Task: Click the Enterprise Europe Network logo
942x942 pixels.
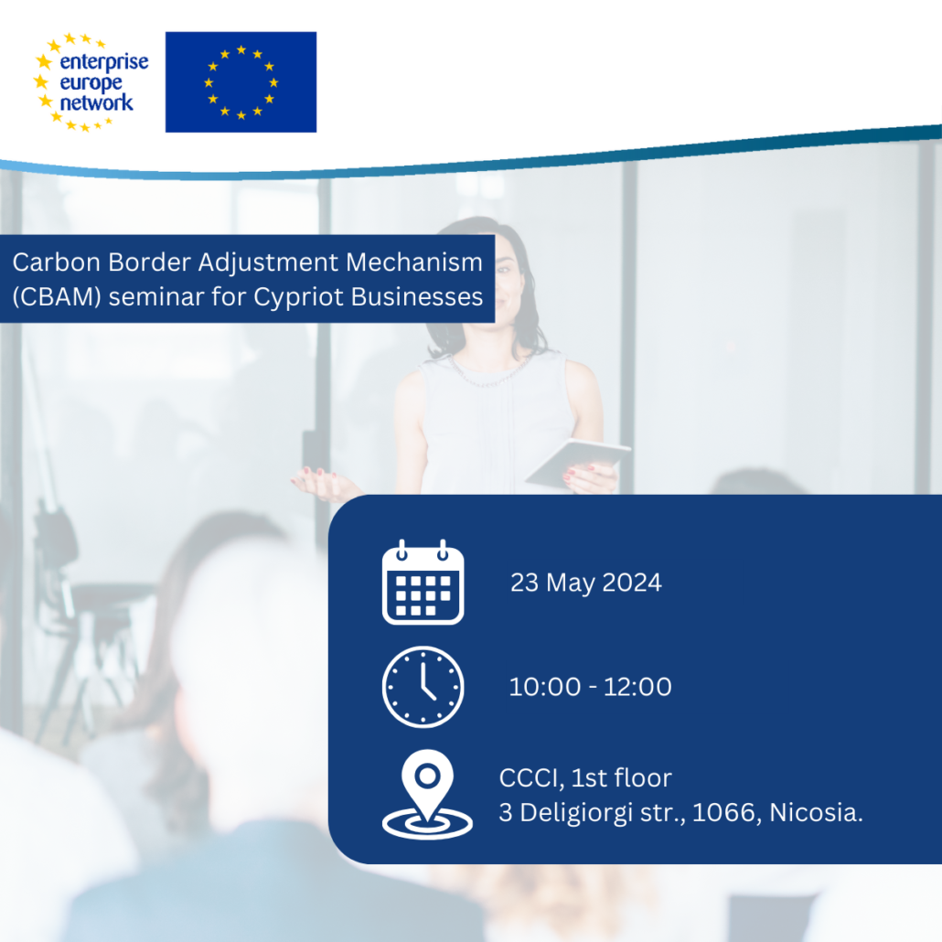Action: tap(91, 82)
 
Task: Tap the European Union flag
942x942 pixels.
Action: tap(241, 81)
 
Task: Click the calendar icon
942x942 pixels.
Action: tap(423, 583)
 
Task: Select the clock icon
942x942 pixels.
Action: tap(423, 687)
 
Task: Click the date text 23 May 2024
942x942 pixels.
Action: tap(585, 583)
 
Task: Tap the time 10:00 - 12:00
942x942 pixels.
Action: tap(590, 687)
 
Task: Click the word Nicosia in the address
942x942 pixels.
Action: tap(815, 812)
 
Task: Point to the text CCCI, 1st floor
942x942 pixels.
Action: tap(585, 778)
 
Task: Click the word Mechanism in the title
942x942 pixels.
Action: tap(414, 262)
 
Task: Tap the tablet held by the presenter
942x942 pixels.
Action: tap(578, 463)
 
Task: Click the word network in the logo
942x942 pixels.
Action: tap(96, 102)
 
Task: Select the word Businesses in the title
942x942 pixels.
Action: tap(417, 297)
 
